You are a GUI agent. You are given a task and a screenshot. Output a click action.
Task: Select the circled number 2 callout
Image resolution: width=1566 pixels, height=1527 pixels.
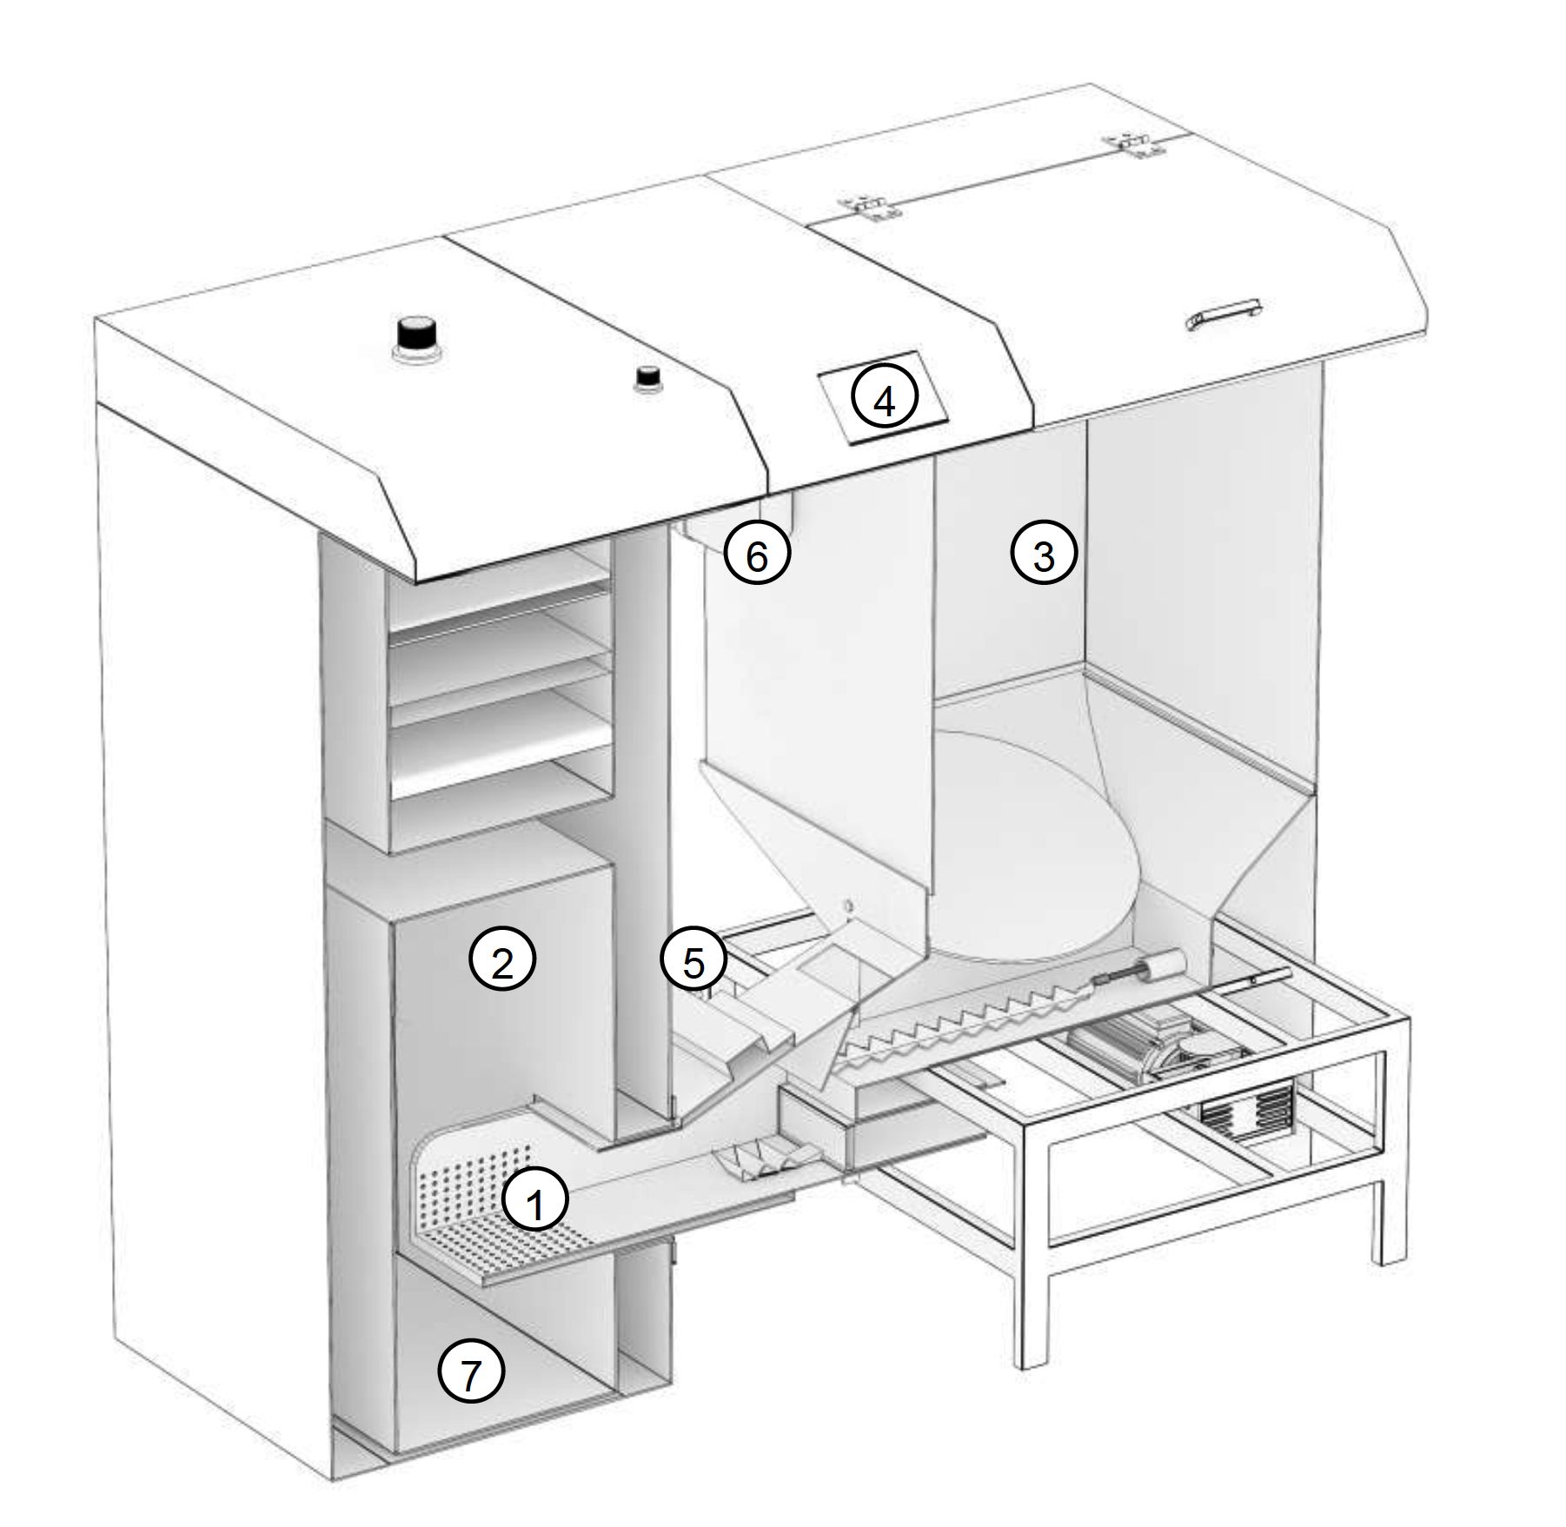[x=502, y=959]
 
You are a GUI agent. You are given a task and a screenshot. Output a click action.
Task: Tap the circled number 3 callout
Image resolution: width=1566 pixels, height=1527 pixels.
[x=1044, y=554]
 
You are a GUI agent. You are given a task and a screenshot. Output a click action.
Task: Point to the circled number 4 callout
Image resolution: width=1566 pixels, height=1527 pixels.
[x=884, y=401]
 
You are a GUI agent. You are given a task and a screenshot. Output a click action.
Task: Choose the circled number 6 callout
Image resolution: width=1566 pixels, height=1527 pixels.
[x=757, y=554]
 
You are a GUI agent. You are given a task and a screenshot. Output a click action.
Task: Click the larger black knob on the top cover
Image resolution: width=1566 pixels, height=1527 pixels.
[x=415, y=338]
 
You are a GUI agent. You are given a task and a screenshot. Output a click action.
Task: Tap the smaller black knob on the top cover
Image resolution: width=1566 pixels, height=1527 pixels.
[x=647, y=378]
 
